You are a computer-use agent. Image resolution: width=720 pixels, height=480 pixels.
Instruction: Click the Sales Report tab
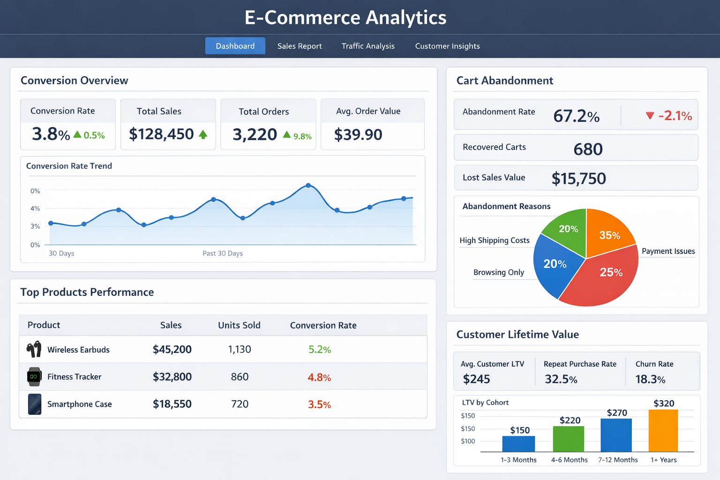click(300, 46)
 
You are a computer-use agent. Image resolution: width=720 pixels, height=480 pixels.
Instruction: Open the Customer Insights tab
click(447, 46)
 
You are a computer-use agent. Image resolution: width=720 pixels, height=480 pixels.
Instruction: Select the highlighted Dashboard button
click(235, 46)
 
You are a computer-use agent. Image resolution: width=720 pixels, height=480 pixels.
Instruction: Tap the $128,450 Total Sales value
click(161, 135)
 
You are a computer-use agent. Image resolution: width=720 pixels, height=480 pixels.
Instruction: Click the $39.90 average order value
click(358, 135)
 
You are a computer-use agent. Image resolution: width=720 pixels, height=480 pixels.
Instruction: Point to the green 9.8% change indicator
click(298, 136)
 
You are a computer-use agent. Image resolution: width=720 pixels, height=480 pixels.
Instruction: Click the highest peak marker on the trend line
click(308, 186)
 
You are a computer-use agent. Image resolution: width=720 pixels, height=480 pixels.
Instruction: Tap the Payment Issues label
click(668, 251)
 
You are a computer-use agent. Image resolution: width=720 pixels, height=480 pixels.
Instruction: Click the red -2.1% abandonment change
click(669, 116)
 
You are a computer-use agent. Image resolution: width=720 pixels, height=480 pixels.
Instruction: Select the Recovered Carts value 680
click(588, 150)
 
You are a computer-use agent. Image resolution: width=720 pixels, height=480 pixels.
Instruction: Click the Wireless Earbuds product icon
click(34, 349)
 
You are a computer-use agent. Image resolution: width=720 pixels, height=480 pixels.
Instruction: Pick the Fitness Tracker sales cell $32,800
click(172, 377)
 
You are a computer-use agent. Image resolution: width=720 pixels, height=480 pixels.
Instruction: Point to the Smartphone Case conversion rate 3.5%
click(319, 405)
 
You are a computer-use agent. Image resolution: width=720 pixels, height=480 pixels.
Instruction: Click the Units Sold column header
click(239, 325)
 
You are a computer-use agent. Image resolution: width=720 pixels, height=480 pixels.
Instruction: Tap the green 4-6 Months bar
click(568, 439)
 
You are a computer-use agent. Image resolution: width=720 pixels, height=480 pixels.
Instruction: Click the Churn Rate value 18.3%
click(650, 379)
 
